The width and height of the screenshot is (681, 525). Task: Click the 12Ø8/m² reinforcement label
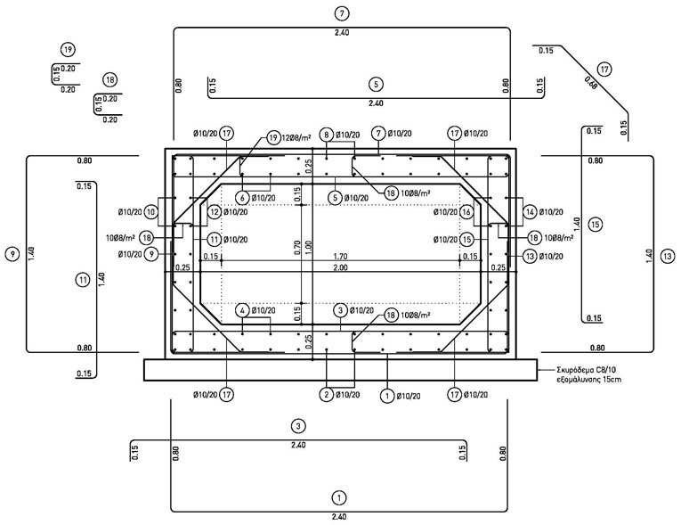click(x=299, y=138)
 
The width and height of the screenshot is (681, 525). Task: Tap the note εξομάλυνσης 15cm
click(x=586, y=379)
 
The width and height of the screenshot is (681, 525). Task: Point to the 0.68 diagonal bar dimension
click(x=591, y=85)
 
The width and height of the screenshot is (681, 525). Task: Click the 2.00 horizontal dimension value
click(x=340, y=267)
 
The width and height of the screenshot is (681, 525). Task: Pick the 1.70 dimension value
click(x=340, y=256)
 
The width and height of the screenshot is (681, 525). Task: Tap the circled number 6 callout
click(x=242, y=197)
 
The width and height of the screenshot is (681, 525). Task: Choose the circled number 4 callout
click(x=242, y=310)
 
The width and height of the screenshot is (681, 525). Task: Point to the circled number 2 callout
click(x=327, y=394)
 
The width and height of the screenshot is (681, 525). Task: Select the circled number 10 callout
click(x=151, y=212)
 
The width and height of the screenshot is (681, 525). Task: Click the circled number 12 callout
click(x=214, y=212)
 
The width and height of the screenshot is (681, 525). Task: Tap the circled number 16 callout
click(x=466, y=212)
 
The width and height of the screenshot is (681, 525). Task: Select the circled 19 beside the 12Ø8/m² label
click(x=273, y=138)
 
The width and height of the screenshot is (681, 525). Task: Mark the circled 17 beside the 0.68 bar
click(x=604, y=69)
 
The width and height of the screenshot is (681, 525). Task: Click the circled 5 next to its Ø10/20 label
click(x=335, y=197)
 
